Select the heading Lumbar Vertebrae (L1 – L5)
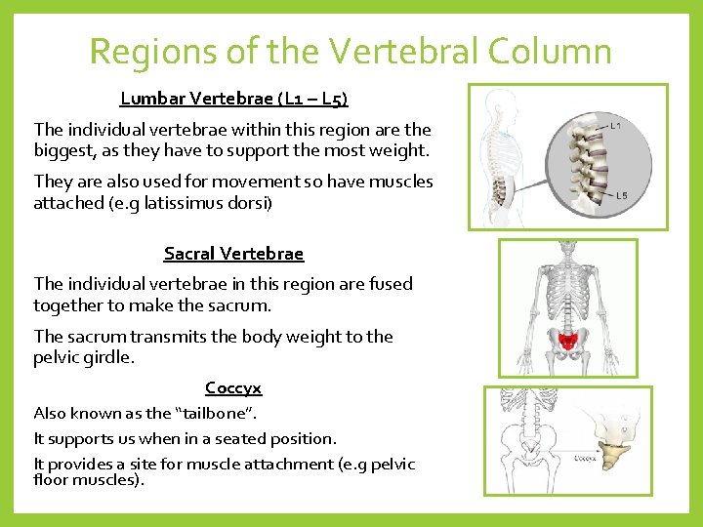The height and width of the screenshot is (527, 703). click(234, 99)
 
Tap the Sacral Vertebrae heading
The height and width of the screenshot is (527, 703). click(233, 254)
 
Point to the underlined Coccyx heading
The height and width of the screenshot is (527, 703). click(233, 388)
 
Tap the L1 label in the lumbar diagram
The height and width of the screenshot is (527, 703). click(615, 126)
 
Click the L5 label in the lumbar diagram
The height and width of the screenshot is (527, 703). click(622, 195)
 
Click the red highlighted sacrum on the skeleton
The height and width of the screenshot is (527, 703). click(566, 339)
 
